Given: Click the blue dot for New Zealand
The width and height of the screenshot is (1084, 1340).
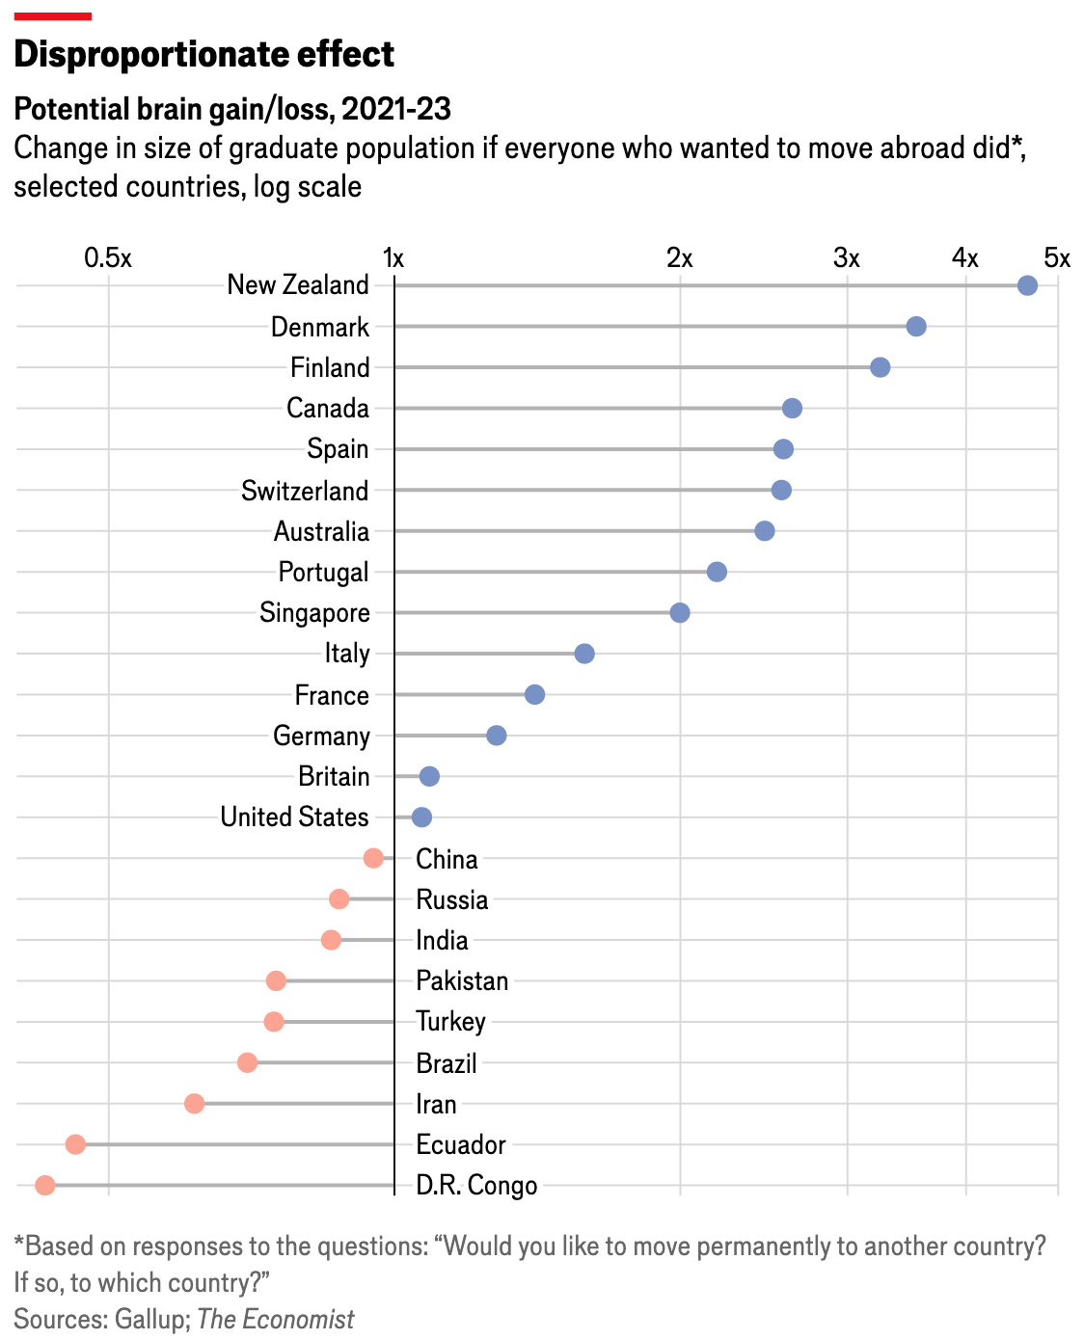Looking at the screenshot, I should click(1027, 285).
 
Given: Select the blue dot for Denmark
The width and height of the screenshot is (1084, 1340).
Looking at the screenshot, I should click(916, 327).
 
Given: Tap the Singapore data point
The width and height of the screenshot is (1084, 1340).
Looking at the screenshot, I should click(680, 613).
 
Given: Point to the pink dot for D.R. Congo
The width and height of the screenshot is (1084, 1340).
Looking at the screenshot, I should click(44, 1185).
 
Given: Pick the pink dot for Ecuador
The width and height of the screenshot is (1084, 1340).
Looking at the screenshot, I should click(75, 1144).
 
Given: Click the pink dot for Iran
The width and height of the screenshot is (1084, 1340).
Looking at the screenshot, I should click(194, 1103).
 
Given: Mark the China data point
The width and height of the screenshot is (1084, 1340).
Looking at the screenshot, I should click(373, 858).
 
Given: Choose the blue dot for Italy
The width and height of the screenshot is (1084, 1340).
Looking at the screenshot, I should click(584, 654).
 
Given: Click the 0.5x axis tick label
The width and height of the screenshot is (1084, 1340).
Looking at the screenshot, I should click(107, 258).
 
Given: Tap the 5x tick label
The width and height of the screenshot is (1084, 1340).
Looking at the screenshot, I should click(1057, 258).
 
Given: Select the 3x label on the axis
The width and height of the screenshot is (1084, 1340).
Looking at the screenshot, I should click(847, 258).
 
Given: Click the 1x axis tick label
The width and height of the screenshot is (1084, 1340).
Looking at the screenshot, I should click(393, 258).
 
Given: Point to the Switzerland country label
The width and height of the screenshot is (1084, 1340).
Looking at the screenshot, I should click(305, 491).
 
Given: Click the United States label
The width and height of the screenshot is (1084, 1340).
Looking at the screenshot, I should click(294, 817).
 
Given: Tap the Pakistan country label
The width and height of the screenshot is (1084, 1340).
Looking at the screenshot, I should click(462, 981).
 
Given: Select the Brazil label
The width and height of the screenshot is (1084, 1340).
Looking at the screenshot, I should click(447, 1063).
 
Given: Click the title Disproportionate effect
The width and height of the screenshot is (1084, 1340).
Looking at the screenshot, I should click(204, 54).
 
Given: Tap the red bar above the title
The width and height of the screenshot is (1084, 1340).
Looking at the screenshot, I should click(53, 16).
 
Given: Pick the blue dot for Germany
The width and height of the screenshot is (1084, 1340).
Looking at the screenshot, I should click(497, 736).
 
